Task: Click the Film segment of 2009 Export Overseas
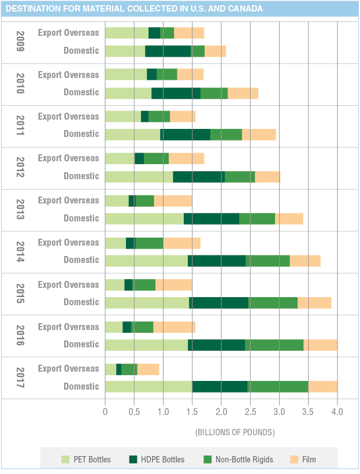coord(189,32)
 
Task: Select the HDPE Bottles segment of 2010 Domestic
coord(176,93)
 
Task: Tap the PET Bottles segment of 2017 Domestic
coord(149,387)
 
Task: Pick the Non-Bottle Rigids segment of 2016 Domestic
coord(274,345)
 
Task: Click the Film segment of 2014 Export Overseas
coord(181,243)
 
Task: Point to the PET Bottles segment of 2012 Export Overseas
coord(120,158)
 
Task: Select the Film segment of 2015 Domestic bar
coord(314,303)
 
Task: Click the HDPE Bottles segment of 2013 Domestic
coord(211,219)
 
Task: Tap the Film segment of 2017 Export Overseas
coord(148,369)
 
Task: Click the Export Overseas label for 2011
coord(69,117)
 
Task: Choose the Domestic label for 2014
coord(81,260)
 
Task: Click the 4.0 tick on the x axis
coord(337,412)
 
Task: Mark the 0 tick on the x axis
coord(105,412)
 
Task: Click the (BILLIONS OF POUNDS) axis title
coord(235,432)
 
